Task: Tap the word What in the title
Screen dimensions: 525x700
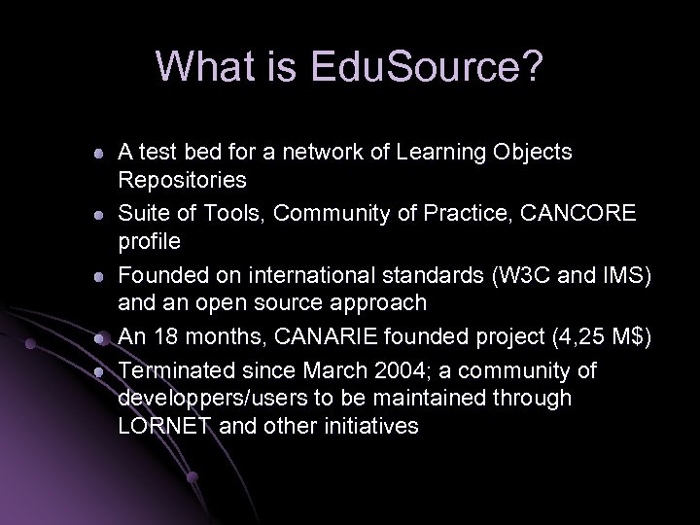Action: point(206,66)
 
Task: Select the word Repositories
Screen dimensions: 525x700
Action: point(182,180)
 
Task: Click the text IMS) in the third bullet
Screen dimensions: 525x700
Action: point(621,275)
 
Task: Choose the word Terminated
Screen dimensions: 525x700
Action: point(177,372)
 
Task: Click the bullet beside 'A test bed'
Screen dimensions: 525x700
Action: point(98,154)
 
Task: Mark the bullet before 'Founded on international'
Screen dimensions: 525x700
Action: point(98,276)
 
